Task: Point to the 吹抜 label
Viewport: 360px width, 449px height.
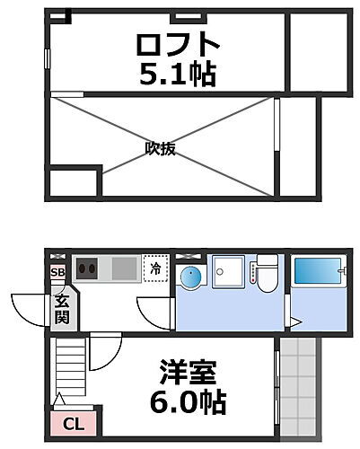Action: pos(160,149)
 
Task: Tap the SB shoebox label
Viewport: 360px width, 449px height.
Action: pos(57,271)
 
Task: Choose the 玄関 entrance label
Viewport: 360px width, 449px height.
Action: pos(63,308)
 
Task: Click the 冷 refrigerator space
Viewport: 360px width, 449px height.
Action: pos(155,268)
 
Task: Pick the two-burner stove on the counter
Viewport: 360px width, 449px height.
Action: pos(89,268)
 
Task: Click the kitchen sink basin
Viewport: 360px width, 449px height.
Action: pos(125,269)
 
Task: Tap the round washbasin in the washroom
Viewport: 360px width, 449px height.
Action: pos(190,276)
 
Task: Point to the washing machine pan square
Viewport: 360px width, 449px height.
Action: pos(227,270)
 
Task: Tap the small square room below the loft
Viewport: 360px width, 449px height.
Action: pos(66,182)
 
